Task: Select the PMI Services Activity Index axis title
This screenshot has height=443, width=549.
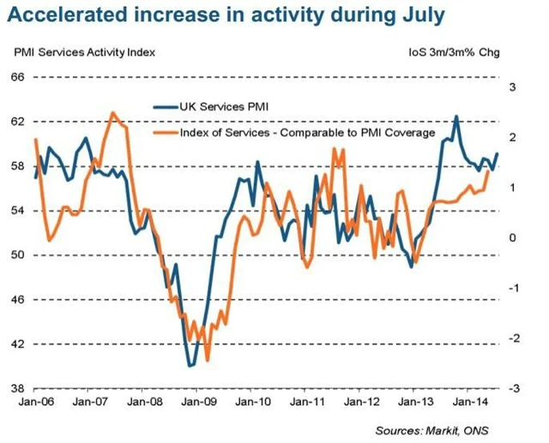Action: click(85, 52)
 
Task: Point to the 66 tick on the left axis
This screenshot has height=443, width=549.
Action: click(16, 77)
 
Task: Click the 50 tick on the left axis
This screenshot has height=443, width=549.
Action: click(16, 255)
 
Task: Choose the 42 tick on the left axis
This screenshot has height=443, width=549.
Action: click(16, 344)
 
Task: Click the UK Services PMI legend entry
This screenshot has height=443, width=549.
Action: click(229, 107)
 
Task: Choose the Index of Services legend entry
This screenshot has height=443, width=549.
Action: click(306, 134)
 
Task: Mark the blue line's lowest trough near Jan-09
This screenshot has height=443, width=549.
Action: click(190, 366)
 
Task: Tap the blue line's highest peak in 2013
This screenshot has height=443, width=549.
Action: click(455, 117)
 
